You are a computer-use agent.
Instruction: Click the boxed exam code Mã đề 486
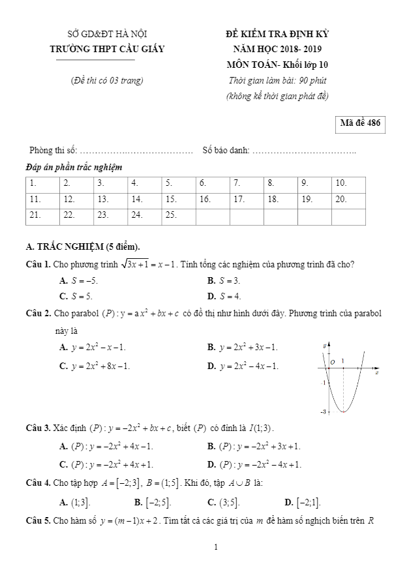click(359, 124)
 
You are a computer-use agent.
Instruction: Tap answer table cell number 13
click(111, 200)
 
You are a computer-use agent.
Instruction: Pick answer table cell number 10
click(349, 183)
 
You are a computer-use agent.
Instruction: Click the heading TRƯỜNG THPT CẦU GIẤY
click(108, 49)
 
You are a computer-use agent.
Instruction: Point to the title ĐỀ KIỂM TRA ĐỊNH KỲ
click(277, 33)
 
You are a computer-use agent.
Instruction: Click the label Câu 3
click(38, 428)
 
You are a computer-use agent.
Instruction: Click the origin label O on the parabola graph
click(332, 361)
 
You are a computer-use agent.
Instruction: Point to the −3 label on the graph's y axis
click(323, 412)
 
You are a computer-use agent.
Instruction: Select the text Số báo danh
click(226, 151)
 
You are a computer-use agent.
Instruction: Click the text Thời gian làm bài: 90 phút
click(277, 81)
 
